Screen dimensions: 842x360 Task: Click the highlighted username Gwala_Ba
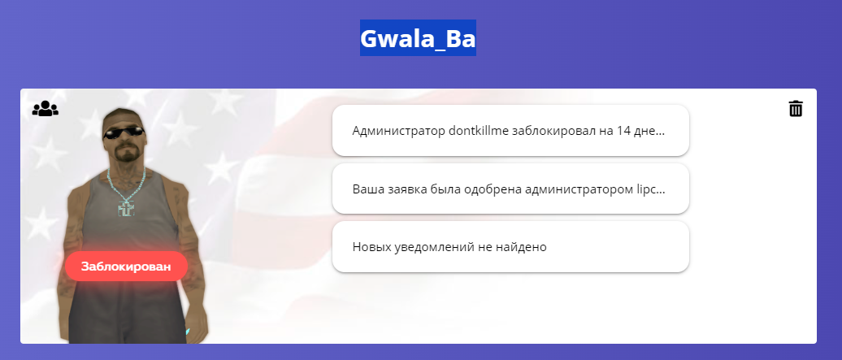[x=418, y=38]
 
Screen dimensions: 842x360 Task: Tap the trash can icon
[x=796, y=109]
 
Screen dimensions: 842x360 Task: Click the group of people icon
[x=46, y=109]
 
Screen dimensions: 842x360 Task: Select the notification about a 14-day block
[x=510, y=131]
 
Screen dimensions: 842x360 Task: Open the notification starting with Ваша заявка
[x=510, y=189]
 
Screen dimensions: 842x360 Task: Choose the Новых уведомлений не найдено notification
[x=510, y=246]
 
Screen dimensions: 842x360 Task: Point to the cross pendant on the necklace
[x=126, y=208]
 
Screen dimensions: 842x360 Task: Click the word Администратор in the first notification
[x=398, y=131]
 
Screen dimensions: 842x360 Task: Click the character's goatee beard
[x=127, y=154]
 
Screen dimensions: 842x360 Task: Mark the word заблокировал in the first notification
[x=553, y=131]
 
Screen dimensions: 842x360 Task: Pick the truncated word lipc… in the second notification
[x=649, y=189]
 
